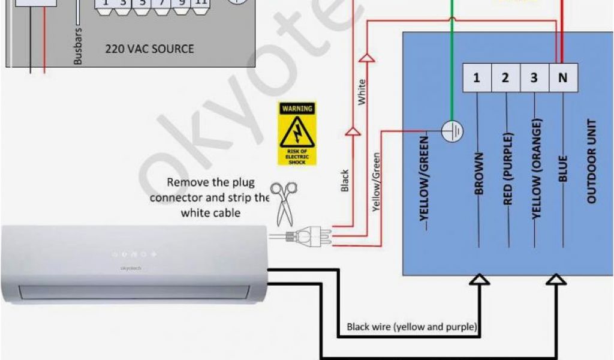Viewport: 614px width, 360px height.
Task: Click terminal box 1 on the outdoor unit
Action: [477, 78]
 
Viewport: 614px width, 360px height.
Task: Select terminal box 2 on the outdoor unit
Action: [505, 78]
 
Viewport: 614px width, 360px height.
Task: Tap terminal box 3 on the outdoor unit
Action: [534, 78]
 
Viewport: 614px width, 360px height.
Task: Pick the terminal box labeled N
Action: [562, 78]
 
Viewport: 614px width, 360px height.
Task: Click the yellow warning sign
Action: [297, 134]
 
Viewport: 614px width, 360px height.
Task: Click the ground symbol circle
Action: [451, 130]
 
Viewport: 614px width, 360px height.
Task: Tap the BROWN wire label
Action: [478, 174]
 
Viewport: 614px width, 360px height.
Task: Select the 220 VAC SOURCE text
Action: [149, 48]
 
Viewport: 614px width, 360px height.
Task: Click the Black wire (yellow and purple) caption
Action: [412, 327]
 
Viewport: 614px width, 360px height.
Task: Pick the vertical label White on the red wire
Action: [362, 92]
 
